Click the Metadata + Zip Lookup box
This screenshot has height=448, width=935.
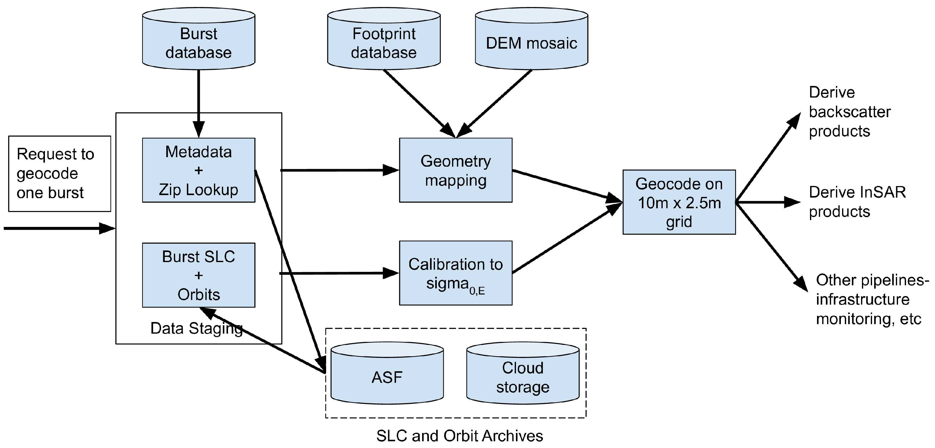click(199, 170)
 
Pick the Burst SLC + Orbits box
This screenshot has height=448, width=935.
click(199, 275)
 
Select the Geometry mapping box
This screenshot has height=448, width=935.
click(455, 170)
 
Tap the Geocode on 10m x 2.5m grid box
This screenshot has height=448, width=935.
click(679, 202)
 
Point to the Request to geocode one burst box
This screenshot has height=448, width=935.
click(60, 173)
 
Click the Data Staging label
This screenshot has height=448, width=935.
click(196, 328)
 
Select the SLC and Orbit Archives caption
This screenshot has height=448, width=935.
click(459, 436)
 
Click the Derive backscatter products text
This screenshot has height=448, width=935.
click(849, 112)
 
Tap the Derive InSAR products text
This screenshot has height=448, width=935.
click(856, 202)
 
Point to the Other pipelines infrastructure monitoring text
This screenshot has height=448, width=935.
click(871, 299)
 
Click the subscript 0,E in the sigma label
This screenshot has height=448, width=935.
click(477, 291)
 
